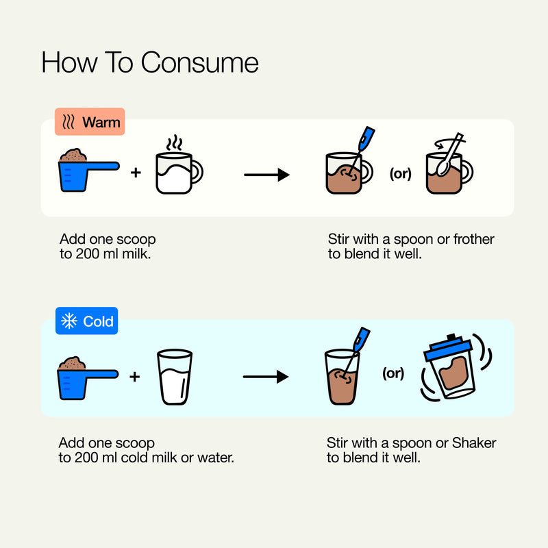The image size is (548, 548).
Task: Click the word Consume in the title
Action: point(199,63)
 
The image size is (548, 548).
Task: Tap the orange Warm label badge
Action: point(90,122)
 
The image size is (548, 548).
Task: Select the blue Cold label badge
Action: point(87,321)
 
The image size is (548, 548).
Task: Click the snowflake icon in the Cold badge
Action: point(69,321)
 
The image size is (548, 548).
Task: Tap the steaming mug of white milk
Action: point(179,165)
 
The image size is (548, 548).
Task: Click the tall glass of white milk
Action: point(175,377)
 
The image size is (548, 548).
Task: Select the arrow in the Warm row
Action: point(266,175)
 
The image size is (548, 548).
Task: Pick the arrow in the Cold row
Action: point(266,376)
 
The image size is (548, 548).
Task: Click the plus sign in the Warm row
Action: point(136,173)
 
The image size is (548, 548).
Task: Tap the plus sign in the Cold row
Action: point(134,377)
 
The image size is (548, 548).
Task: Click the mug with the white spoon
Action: point(449,164)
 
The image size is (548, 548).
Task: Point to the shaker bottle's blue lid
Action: point(448,349)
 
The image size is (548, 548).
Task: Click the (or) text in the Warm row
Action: point(401,173)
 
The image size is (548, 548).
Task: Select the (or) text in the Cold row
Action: point(393,373)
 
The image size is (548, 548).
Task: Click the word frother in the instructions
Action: point(473,239)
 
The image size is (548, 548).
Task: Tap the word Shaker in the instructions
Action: point(474,443)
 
